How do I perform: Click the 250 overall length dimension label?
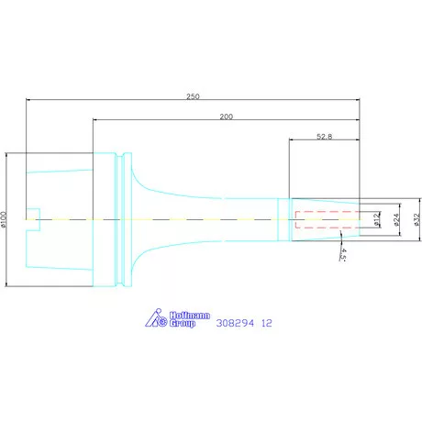(x=193, y=96)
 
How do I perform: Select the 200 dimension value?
(x=227, y=117)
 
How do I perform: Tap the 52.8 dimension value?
(x=324, y=137)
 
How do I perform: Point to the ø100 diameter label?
(x=4, y=219)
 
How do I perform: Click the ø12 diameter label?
(x=377, y=219)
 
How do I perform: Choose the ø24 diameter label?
(x=396, y=219)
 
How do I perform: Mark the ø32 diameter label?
(x=417, y=219)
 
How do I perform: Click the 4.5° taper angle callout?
(x=343, y=254)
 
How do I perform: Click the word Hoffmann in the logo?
(x=190, y=316)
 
